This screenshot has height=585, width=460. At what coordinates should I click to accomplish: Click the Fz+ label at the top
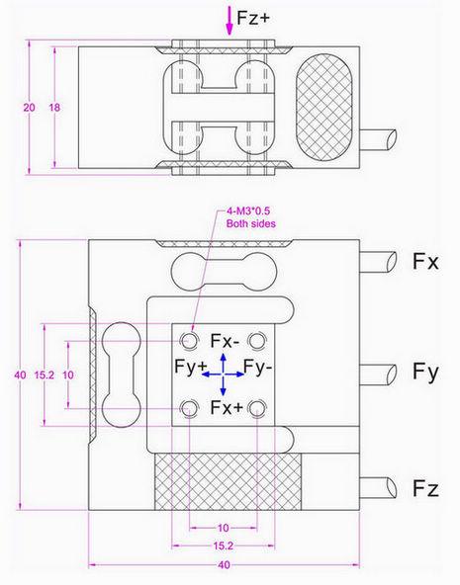coord(256,18)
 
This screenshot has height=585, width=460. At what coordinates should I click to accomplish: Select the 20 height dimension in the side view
coord(29,107)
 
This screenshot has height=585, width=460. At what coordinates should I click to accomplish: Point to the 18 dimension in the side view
coord(54,107)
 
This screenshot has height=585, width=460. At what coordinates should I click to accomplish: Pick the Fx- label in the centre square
coord(226,341)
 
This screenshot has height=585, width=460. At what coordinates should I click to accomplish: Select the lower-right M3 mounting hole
coord(259,407)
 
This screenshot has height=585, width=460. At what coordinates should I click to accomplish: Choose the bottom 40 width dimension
coord(224,565)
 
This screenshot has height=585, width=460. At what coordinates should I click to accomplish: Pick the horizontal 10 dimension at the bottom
coord(224,528)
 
